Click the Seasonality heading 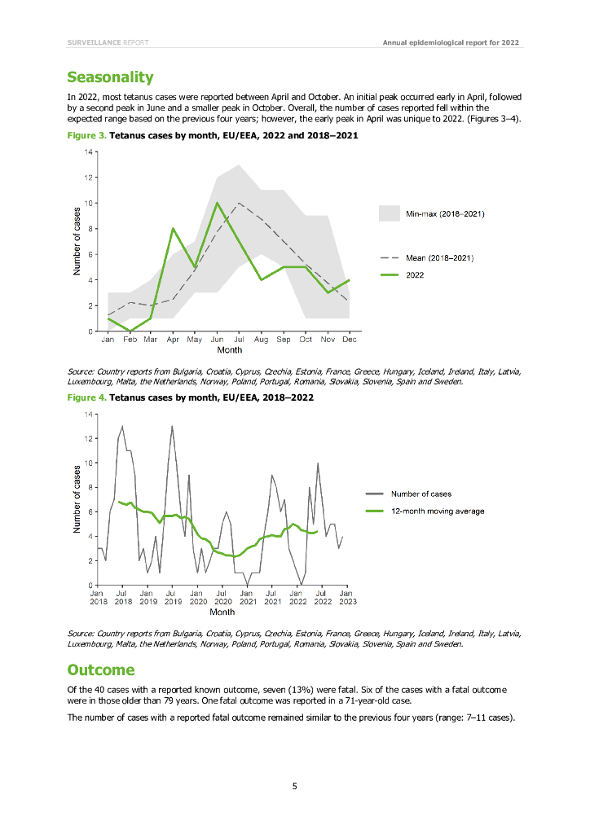pos(110,77)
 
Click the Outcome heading pos(100,669)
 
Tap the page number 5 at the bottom pos(295,785)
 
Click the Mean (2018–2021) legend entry pos(440,257)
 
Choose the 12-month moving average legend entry pos(438,511)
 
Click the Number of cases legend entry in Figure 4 pos(420,494)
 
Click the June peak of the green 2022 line pos(217,203)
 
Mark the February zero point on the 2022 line pos(129,331)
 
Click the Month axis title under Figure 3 pos(229,350)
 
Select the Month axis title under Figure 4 pos(222,612)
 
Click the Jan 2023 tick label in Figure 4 pos(346,597)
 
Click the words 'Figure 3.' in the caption pos(86,137)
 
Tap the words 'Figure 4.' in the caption pos(86,397)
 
